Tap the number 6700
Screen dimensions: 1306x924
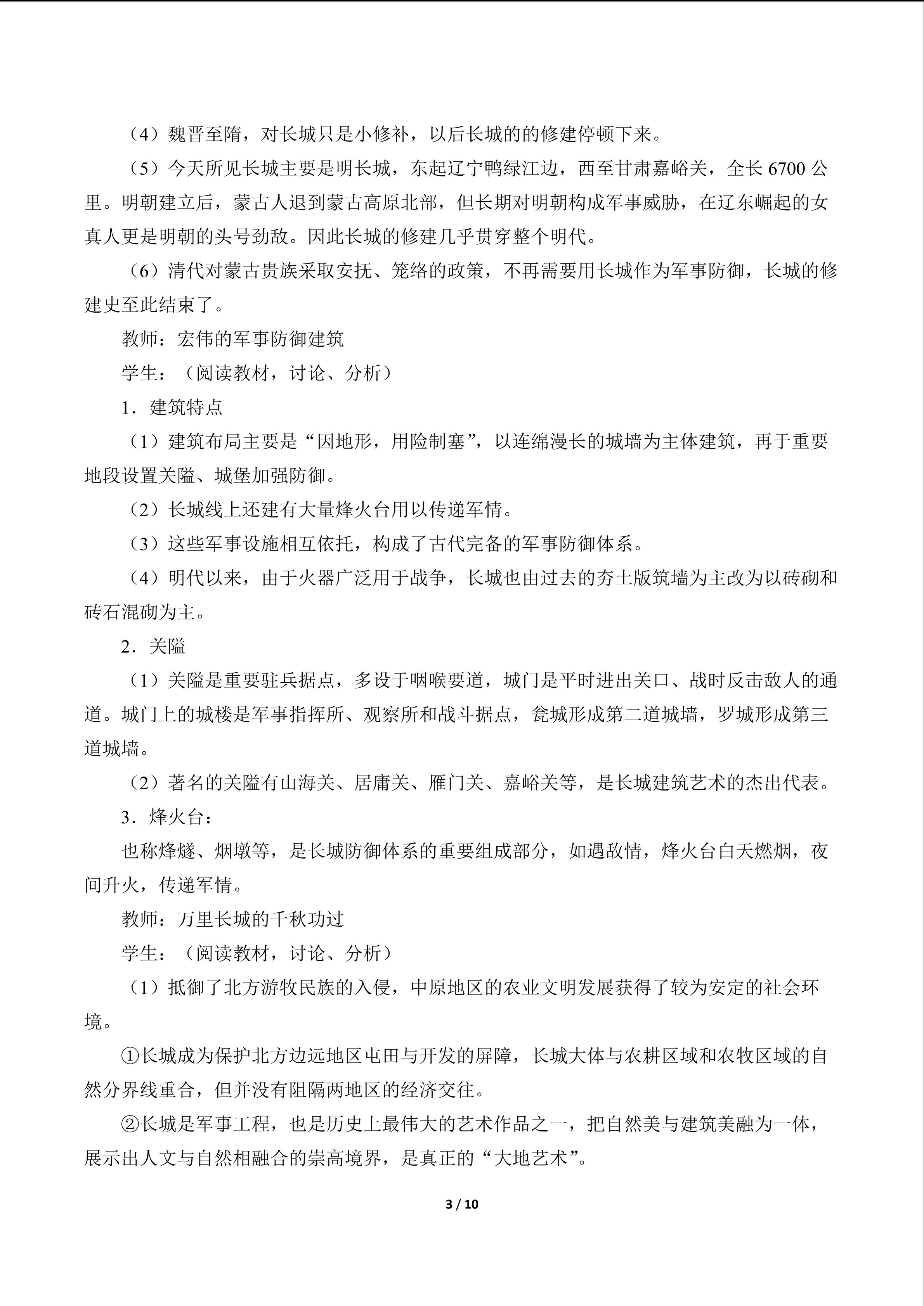pyautogui.click(x=787, y=169)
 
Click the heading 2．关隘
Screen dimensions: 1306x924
pyautogui.click(x=154, y=646)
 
